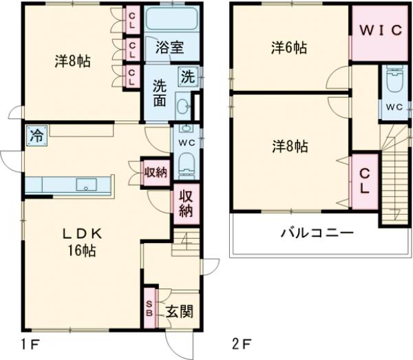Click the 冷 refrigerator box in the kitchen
click(x=36, y=136)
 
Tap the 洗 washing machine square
click(x=187, y=76)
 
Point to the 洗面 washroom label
click(x=160, y=93)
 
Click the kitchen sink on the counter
click(x=86, y=184)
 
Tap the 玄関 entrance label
click(x=179, y=311)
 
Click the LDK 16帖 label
click(x=81, y=242)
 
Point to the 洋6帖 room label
click(x=288, y=47)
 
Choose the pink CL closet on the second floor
click(x=365, y=180)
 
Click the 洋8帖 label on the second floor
click(x=288, y=146)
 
